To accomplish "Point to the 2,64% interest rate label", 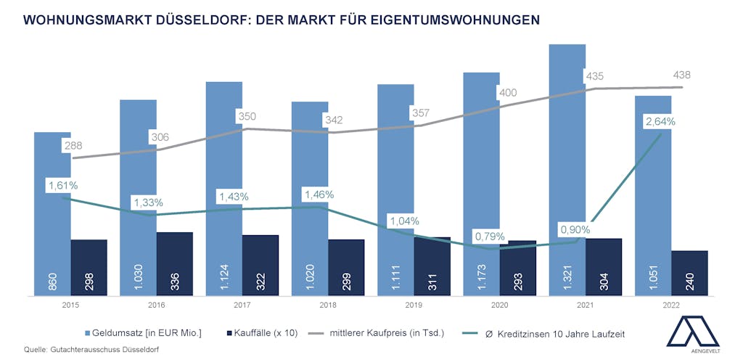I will (x=660, y=121).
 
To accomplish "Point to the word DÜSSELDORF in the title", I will (x=196, y=20).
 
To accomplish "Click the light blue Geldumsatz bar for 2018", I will (x=310, y=196).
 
